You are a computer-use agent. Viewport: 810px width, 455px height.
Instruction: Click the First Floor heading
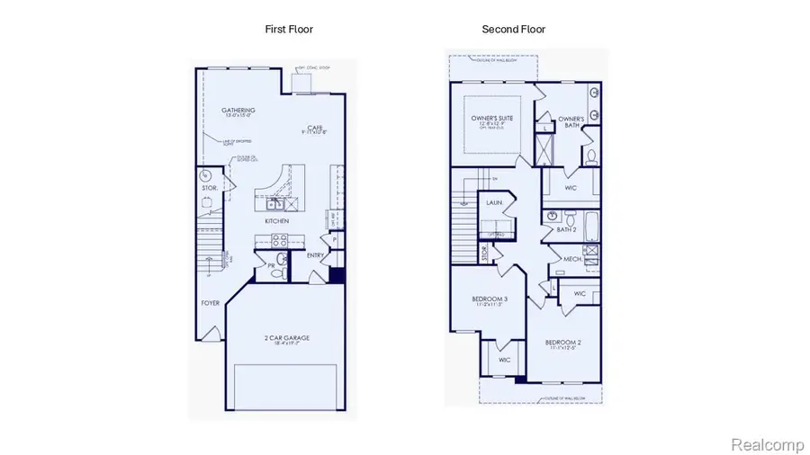click(289, 30)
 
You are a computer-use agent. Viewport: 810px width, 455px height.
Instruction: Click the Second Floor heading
click(513, 30)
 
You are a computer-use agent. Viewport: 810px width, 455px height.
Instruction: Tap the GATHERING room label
click(238, 111)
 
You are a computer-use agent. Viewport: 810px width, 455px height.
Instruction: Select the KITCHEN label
click(275, 220)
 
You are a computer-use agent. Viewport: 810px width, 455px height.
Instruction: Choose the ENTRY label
click(315, 255)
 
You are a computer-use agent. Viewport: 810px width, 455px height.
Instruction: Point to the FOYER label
click(210, 303)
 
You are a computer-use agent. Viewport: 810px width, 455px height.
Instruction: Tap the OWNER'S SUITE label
click(491, 119)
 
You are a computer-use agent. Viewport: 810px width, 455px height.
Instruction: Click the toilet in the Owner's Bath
click(590, 156)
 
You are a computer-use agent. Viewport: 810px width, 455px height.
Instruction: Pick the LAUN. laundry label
click(493, 204)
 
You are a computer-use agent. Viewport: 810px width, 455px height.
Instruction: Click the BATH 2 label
click(566, 230)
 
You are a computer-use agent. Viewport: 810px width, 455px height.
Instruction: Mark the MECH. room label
click(573, 260)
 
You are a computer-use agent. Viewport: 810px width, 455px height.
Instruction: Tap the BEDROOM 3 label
click(490, 299)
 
